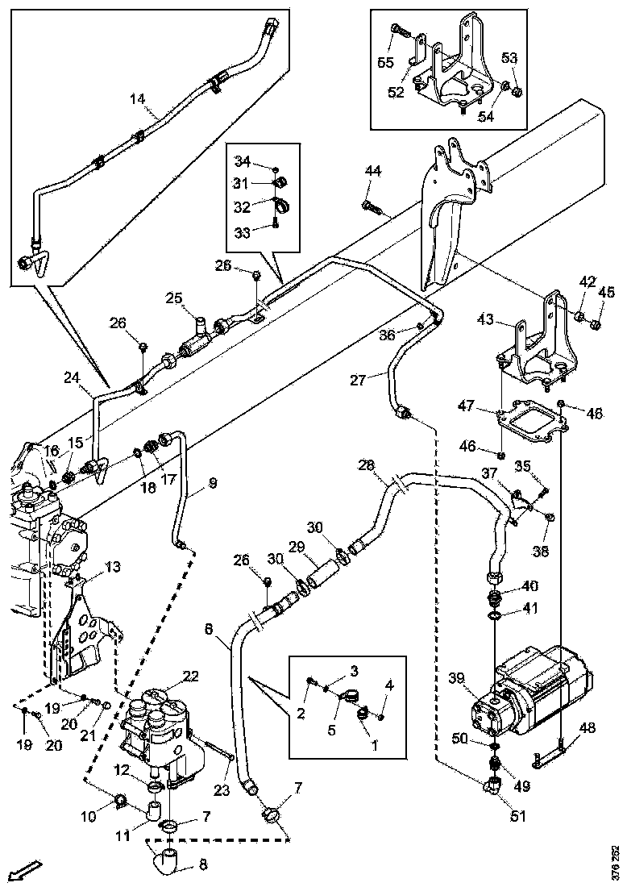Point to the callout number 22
point(190,676)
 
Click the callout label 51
point(517,815)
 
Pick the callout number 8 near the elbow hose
point(202,865)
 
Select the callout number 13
point(112,567)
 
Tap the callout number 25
point(174,298)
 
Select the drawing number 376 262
point(616,860)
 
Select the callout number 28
point(367,466)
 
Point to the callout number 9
point(212,484)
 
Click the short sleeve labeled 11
point(155,809)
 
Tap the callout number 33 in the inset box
point(243,231)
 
